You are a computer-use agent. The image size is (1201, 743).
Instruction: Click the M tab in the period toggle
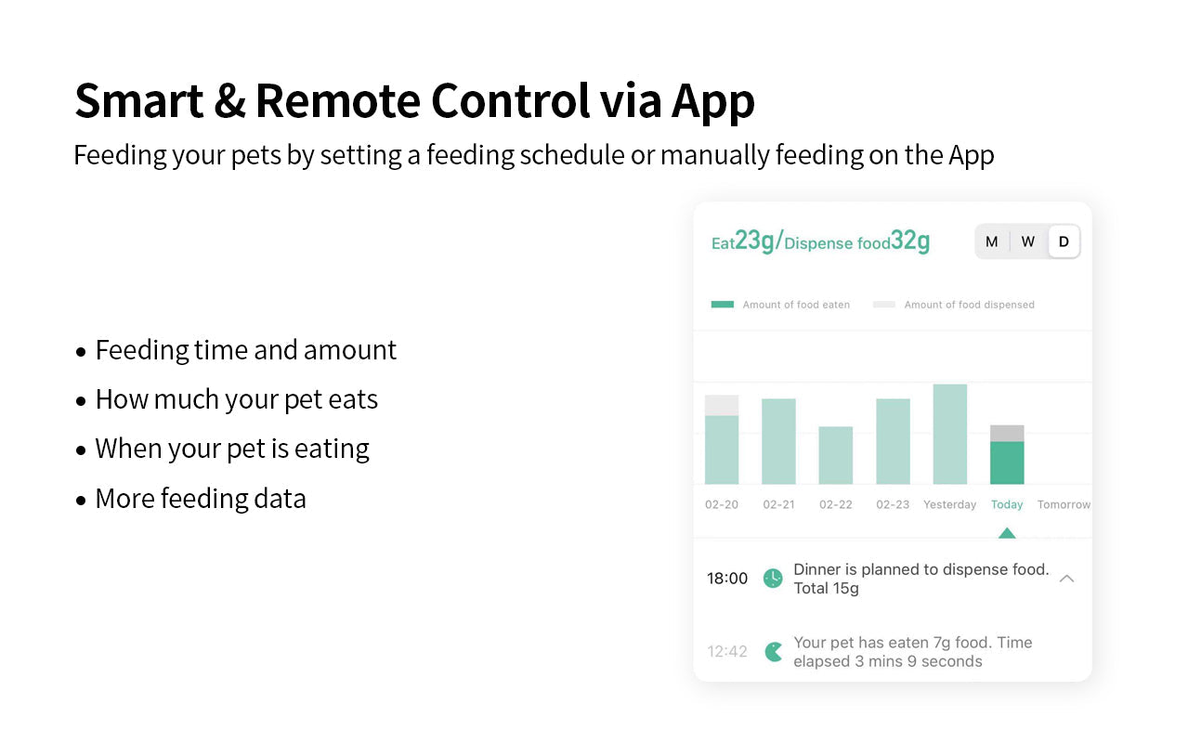point(991,241)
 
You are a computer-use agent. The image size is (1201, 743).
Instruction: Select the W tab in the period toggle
point(1028,241)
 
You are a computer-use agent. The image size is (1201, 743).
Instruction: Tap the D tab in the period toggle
point(1064,241)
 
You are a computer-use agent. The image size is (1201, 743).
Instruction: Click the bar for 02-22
point(835,455)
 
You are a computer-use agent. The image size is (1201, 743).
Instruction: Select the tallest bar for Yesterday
point(949,435)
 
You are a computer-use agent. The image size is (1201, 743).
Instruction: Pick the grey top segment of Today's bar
point(1007,433)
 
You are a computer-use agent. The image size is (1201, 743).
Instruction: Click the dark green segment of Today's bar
point(1007,463)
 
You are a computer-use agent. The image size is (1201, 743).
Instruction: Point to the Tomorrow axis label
point(1064,504)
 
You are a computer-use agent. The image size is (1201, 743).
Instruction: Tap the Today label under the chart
point(1007,504)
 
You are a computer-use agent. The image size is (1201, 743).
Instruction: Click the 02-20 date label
point(721,504)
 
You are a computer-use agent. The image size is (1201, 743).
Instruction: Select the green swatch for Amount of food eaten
point(723,305)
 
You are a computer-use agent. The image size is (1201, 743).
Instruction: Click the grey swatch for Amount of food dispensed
point(884,305)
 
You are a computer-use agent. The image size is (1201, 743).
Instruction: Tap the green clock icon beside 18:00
point(773,579)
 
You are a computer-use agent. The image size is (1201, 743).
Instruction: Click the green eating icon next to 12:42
point(773,652)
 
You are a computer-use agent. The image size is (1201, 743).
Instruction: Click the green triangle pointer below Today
point(1007,533)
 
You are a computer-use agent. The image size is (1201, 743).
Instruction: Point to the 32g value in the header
point(910,241)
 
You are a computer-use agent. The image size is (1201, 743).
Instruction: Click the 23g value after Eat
point(754,241)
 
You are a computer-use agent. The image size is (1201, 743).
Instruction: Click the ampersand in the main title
point(229,101)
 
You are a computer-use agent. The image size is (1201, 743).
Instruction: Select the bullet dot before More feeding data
point(81,501)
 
